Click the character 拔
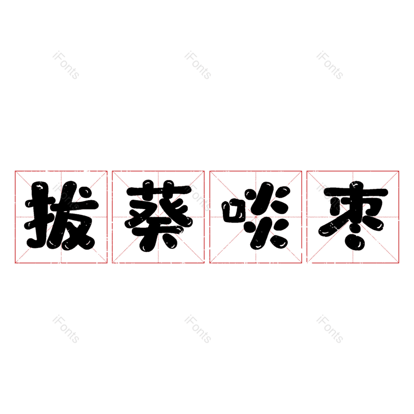(61, 216)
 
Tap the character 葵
(158, 216)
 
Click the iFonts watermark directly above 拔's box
(66, 65)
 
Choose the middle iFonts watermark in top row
(198, 65)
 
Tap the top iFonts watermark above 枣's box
(330, 65)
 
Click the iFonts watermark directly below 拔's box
(66, 329)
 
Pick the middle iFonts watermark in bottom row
(198, 329)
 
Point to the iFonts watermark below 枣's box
(330, 329)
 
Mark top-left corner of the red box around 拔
(15, 171)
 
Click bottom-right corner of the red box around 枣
(399, 263)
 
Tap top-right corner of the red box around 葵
(204, 171)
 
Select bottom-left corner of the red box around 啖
(210, 263)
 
